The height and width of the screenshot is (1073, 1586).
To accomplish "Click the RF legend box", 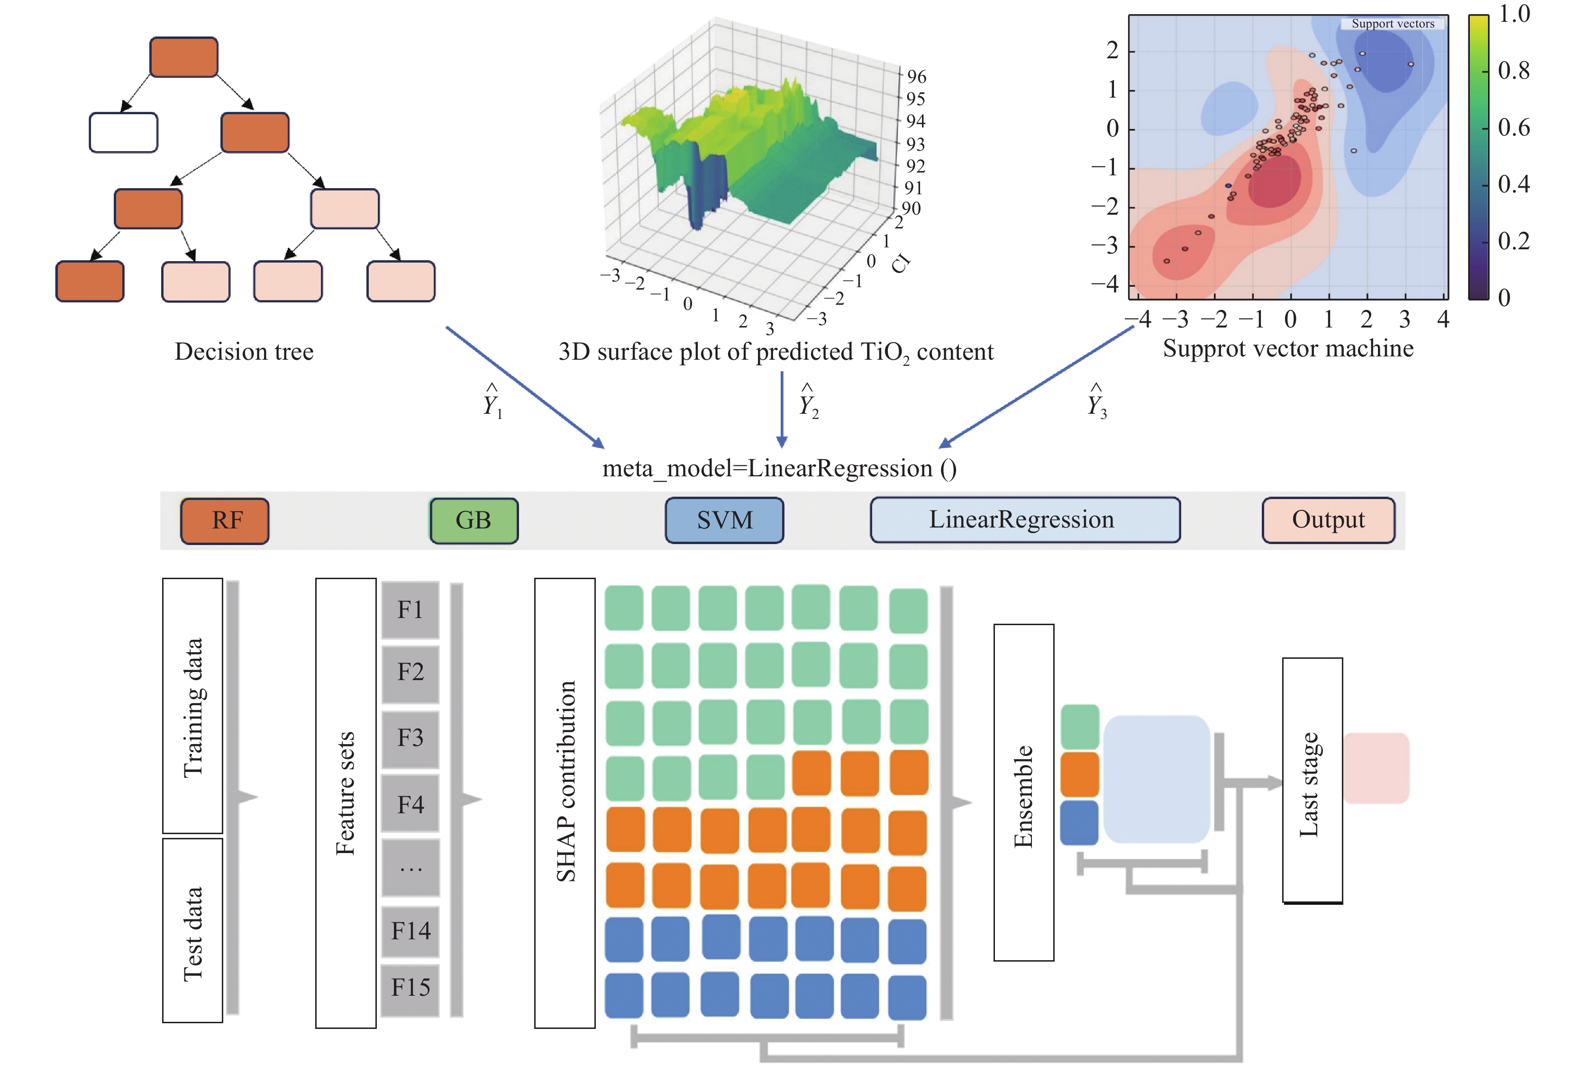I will [225, 521].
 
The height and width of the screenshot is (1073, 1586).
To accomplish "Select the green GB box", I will [474, 521].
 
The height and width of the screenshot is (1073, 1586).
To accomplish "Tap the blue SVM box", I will [724, 521].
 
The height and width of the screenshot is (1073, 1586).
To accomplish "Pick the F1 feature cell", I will [410, 609].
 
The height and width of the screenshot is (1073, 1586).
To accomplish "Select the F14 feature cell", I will [410, 931].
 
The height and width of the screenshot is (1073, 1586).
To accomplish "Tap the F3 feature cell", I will [410, 738].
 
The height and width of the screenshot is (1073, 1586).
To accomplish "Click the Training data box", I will [192, 706].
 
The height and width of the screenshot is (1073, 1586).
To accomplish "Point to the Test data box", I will [192, 931].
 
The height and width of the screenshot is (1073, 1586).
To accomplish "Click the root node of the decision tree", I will [183, 57].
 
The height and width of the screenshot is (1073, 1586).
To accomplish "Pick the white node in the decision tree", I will [124, 132].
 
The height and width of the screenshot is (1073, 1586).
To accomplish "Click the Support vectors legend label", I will [1392, 24].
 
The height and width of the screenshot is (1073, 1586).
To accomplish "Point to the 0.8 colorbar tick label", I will [1513, 71].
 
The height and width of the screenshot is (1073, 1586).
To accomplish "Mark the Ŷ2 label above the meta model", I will [809, 401].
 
